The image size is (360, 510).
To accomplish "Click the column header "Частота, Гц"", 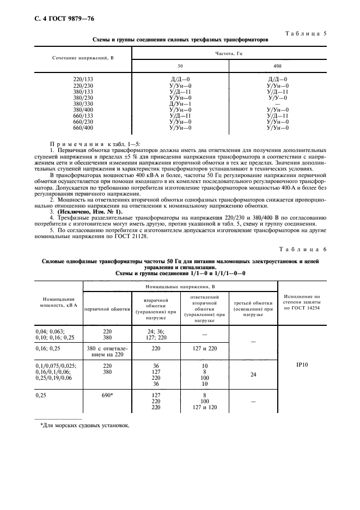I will (229, 54).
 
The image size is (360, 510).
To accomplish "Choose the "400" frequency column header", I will (278, 66).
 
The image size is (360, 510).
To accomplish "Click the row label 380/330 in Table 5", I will (83, 104).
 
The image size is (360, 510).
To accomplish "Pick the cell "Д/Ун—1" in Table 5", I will (180, 104).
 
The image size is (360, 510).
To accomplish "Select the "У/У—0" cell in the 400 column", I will (278, 98).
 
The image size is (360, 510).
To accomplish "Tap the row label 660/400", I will (83, 127).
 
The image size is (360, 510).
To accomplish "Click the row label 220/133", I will (83, 80).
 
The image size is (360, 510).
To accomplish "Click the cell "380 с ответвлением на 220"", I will (107, 350).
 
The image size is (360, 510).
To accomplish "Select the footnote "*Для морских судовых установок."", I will (85, 426).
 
